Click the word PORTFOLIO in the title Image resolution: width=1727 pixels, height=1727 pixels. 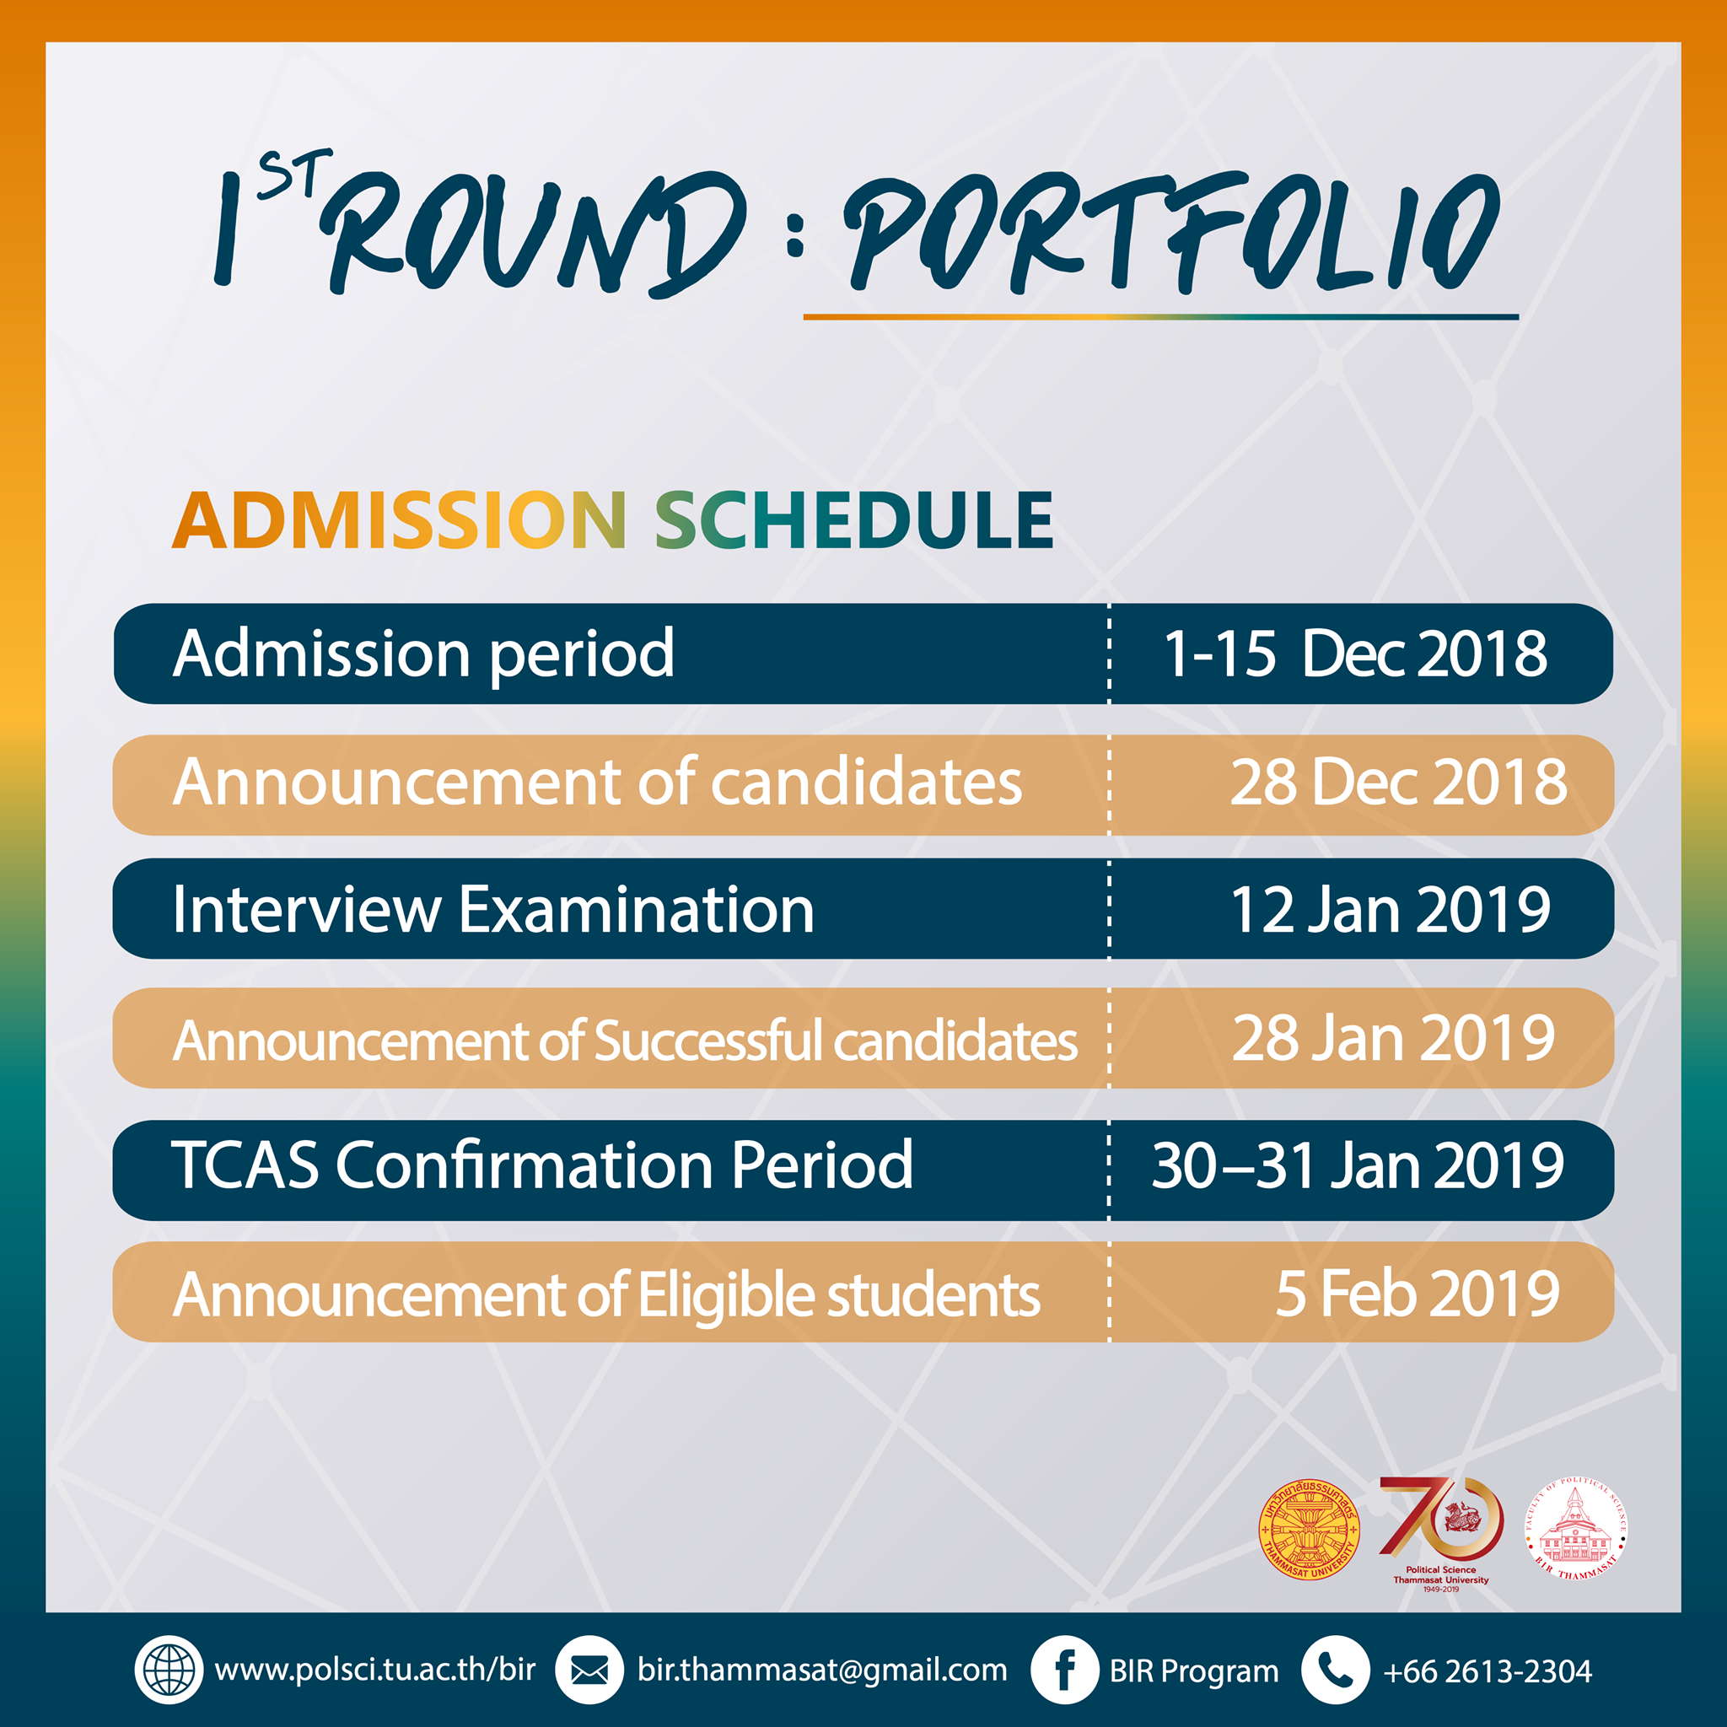1171,234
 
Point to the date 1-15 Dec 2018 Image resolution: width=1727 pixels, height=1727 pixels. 1354,654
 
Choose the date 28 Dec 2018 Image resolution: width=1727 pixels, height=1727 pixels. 1398,783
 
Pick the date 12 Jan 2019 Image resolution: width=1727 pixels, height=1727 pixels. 1390,910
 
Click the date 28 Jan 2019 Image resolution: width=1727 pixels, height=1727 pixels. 1393,1038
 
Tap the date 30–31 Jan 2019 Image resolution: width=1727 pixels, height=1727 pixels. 1357,1165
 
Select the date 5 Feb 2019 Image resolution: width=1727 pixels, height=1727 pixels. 1417,1293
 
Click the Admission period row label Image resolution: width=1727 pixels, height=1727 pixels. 423,654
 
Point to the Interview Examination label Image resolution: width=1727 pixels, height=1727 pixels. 493,910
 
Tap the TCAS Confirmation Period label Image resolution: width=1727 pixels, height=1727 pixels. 541,1165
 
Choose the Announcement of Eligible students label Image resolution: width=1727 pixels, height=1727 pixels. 606,1294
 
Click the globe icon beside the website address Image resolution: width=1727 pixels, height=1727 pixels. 168,1670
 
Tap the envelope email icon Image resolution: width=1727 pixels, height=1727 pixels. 589,1670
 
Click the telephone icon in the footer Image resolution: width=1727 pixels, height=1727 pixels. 1336,1670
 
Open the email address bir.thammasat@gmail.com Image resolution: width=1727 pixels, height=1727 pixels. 821,1670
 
